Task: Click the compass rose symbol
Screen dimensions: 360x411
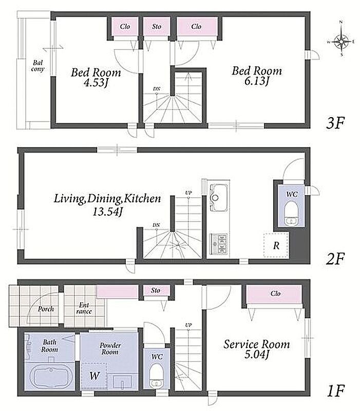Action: point(342,41)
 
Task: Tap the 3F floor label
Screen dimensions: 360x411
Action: point(335,123)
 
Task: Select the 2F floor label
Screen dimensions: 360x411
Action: point(335,258)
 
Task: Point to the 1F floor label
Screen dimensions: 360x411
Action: point(336,391)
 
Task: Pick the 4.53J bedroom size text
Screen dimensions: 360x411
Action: point(96,83)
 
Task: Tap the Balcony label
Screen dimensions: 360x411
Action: point(37,66)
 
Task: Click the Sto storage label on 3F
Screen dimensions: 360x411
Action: point(157,27)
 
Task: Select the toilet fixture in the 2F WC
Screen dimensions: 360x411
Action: point(291,213)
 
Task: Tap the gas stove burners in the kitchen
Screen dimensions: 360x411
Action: point(219,244)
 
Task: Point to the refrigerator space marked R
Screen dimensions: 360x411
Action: point(276,246)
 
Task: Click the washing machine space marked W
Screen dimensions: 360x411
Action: point(94,376)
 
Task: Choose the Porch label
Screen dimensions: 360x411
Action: point(46,309)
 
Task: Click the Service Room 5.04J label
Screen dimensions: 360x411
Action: point(256,349)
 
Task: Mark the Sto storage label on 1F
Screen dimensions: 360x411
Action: point(156,290)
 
